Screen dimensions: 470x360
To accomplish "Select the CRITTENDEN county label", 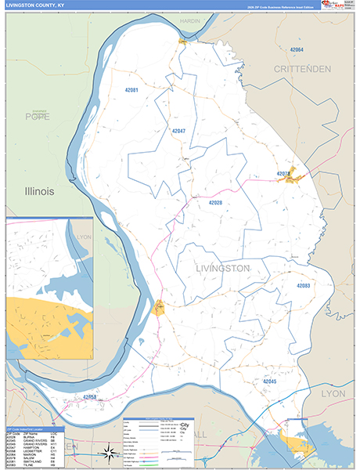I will click(307, 69).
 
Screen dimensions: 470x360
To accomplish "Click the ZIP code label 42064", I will click(297, 49).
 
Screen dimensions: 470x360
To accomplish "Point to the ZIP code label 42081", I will click(131, 90).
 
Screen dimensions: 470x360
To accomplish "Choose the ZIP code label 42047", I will click(178, 131).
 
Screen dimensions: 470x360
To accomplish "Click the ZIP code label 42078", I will click(283, 173).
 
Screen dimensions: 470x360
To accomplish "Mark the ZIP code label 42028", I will click(215, 203).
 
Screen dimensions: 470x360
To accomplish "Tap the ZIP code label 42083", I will click(304, 286).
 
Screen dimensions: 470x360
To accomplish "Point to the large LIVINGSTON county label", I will click(222, 268).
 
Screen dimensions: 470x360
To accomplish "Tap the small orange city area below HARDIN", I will click(182, 41).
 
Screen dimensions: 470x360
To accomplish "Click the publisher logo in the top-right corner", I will click(339, 6).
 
